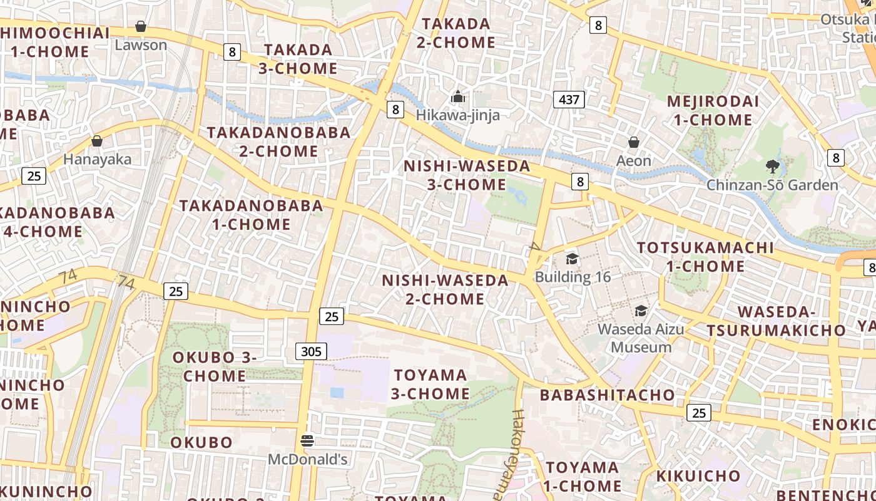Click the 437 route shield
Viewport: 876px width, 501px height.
[569, 99]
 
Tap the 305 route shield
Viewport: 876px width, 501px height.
[311, 351]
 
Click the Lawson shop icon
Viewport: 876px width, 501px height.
[141, 27]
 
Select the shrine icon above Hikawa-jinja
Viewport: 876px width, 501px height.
[458, 96]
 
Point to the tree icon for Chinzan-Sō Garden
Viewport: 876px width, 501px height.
[773, 167]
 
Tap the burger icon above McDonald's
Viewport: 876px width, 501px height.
[307, 441]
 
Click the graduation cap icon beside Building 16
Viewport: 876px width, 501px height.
[572, 259]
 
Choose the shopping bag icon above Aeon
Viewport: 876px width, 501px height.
[634, 142]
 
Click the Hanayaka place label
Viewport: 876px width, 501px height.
[97, 159]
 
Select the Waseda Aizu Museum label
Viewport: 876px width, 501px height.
[641, 338]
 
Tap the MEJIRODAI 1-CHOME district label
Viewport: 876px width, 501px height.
[713, 110]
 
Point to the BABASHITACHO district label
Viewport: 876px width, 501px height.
[608, 395]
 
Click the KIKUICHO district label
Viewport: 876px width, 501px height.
[698, 476]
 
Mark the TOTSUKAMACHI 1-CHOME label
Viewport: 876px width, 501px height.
[706, 257]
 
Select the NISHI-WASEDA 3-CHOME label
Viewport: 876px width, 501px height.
[467, 175]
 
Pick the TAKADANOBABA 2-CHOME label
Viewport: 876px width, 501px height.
[279, 142]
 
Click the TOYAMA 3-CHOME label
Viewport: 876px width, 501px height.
[430, 384]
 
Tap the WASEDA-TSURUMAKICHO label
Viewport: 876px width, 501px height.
[777, 321]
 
